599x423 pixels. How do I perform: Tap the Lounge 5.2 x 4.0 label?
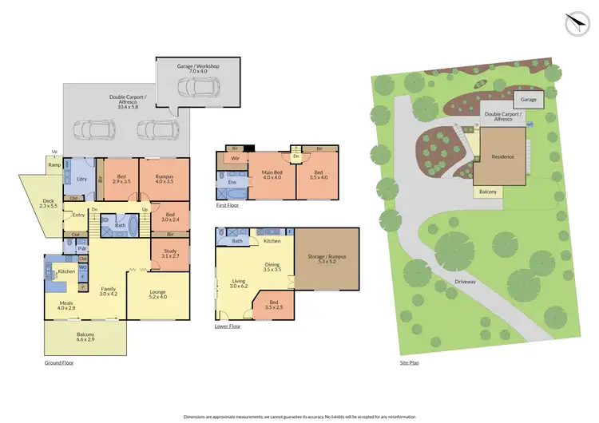[x=159, y=295]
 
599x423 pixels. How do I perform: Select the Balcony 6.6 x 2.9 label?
[x=85, y=336]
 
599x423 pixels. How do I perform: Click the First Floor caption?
[x=228, y=205]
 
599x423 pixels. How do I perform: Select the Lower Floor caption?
[x=228, y=326]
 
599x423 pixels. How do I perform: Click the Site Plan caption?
[x=409, y=362]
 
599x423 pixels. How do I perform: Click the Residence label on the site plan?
[x=503, y=156]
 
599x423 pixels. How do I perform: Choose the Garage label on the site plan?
[x=529, y=100]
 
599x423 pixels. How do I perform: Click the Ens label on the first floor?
[x=233, y=183]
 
